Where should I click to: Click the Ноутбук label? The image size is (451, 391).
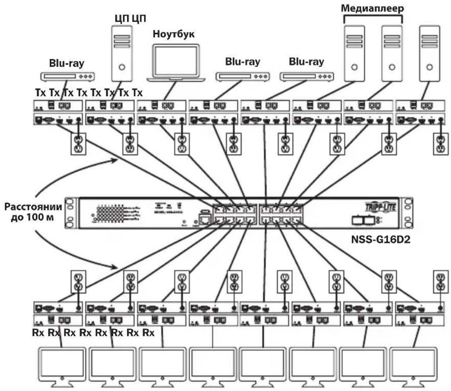pos(173,34)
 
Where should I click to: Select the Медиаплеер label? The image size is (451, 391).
pos(372,9)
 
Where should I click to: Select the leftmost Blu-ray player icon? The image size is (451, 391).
pos(68,77)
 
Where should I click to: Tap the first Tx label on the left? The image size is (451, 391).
pos(39,93)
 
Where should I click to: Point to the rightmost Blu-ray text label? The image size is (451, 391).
pos(306,62)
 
